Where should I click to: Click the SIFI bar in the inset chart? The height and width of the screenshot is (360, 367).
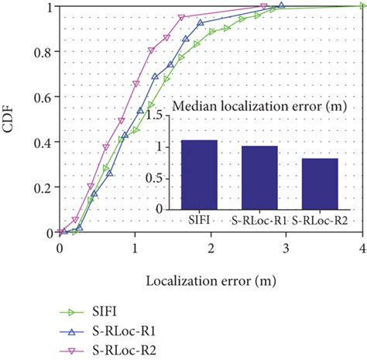(x=199, y=174)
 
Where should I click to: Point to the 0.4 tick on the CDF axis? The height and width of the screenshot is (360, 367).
(x=43, y=142)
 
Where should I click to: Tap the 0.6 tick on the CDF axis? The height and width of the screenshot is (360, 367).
(x=43, y=98)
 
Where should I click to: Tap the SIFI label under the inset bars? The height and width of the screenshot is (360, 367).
(x=199, y=220)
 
